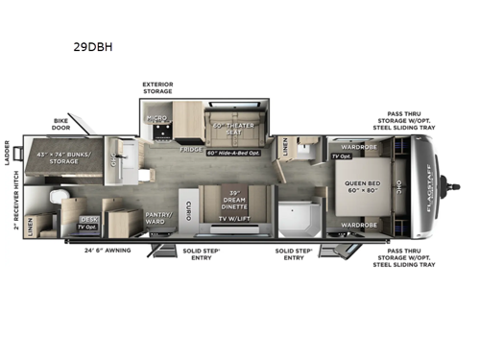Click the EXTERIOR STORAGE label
(157, 89)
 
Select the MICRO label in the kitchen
(155, 119)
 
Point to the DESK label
(89, 219)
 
